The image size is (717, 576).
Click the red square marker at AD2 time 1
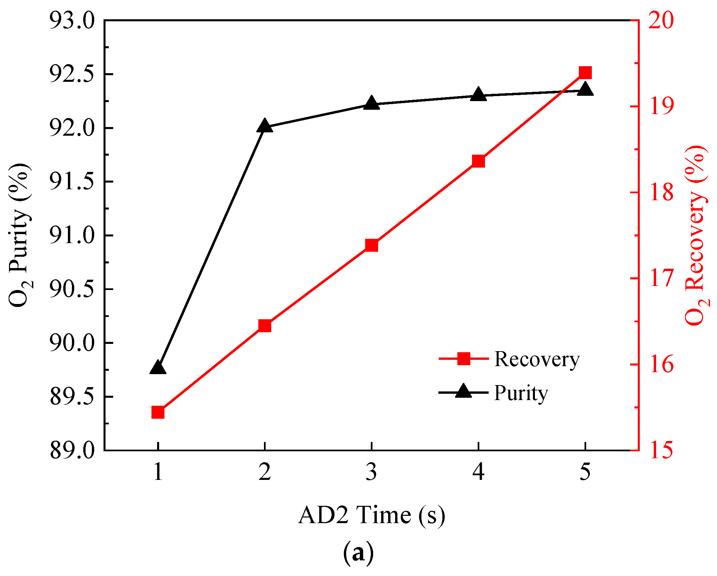(x=158, y=412)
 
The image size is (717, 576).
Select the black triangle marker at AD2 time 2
(x=265, y=126)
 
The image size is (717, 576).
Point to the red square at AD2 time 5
(x=585, y=72)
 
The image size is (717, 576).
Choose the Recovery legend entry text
(x=537, y=359)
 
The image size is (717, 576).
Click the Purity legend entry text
(x=521, y=393)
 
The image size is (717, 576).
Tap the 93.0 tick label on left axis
(x=72, y=21)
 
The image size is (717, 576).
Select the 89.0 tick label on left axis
(x=72, y=451)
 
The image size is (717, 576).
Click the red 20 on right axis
(x=661, y=21)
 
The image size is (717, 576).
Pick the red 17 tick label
(x=661, y=278)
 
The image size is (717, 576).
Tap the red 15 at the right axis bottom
(x=661, y=451)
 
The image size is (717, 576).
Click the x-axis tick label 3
(x=371, y=472)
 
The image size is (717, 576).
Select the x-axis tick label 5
(x=585, y=472)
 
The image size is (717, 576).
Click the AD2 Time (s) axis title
(x=371, y=515)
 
